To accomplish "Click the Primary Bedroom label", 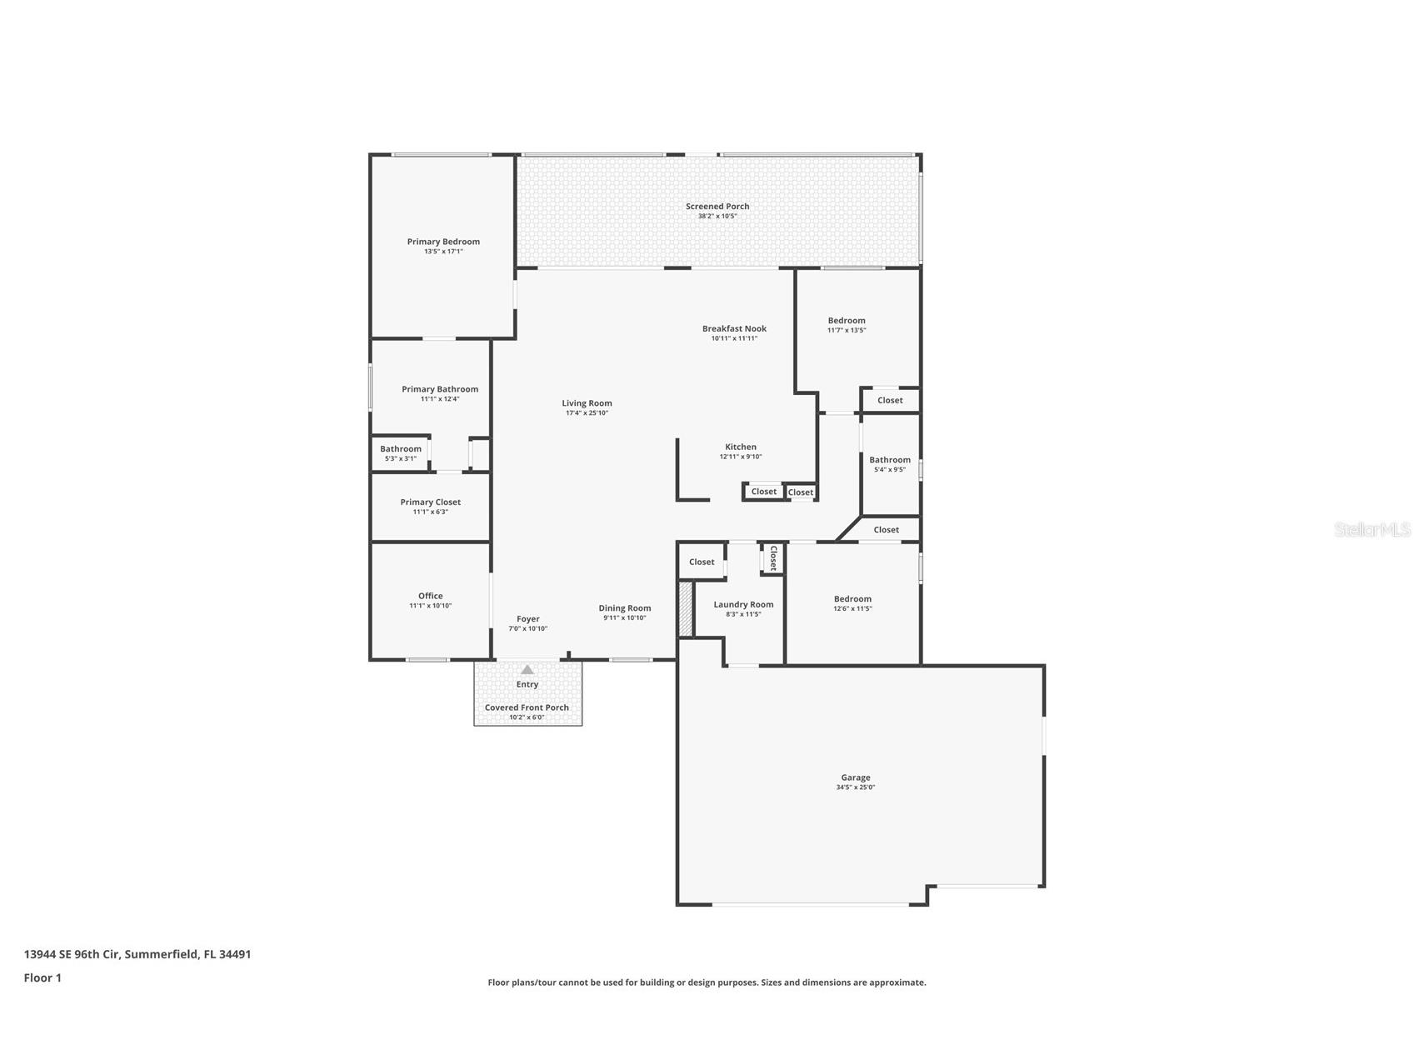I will (443, 242).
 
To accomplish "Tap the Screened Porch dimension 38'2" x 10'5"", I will (717, 217).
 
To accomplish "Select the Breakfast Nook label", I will (734, 328).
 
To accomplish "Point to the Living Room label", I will (587, 403).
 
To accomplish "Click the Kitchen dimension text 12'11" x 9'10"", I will (741, 457).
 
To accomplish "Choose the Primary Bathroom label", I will (440, 389).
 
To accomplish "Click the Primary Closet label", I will (430, 502).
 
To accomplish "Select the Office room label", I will (430, 596).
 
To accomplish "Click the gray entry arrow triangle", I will (527, 669).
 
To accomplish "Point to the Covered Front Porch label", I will (527, 707).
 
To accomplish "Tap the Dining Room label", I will (625, 608).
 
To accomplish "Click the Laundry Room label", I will (743, 604).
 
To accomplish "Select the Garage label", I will (856, 777).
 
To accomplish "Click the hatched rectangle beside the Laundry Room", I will (685, 609).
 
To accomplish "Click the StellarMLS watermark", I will (1372, 529).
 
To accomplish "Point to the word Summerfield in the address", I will (162, 954).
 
